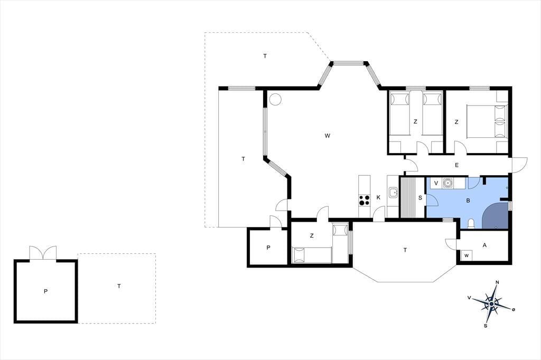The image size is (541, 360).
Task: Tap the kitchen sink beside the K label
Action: click(x=393, y=193)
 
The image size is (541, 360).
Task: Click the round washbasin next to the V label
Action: click(x=448, y=183)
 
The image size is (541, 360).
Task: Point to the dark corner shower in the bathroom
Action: click(x=496, y=216)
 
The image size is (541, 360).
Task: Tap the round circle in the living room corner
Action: click(x=275, y=99)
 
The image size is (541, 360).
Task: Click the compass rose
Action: click(x=491, y=304)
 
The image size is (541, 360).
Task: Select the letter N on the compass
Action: click(x=497, y=282)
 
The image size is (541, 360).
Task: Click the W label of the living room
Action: click(x=328, y=136)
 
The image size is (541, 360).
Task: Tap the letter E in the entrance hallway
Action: click(x=456, y=166)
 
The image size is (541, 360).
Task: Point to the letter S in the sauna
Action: click(x=420, y=198)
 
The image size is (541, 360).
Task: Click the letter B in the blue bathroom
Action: click(x=468, y=201)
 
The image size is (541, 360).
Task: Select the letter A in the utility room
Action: click(x=485, y=245)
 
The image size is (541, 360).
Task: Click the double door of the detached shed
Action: click(x=43, y=253)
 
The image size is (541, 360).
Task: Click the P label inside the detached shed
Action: click(x=45, y=291)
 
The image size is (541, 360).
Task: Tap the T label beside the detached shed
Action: click(x=119, y=286)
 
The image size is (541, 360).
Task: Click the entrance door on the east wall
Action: click(x=520, y=165)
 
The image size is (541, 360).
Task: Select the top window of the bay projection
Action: click(x=349, y=63)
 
